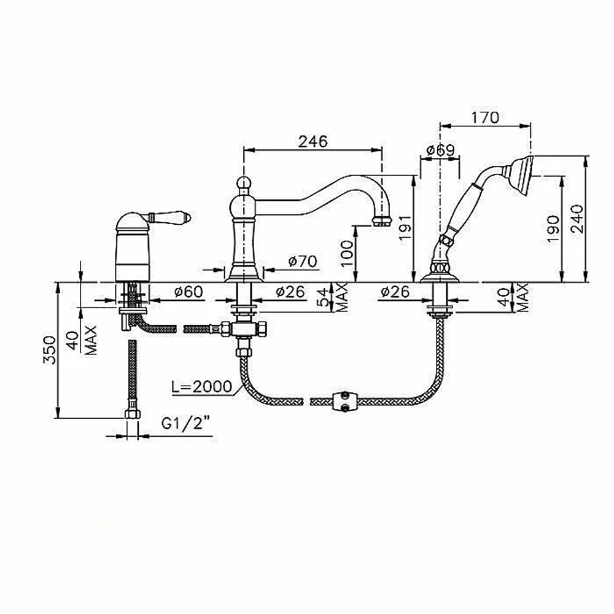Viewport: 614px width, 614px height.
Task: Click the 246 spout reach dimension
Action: coord(313,141)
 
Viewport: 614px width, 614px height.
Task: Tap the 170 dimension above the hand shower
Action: coord(485,117)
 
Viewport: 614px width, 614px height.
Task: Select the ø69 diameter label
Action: coord(440,150)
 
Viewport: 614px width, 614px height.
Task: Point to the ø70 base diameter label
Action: coord(303,261)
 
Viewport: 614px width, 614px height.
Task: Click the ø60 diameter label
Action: coord(188,291)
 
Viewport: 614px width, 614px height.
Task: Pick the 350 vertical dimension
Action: coord(50,350)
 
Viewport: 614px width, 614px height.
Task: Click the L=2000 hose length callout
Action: coord(201,386)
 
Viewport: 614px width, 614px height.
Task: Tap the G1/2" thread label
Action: coord(185,423)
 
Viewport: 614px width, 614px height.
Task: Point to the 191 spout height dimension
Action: coord(405,228)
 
